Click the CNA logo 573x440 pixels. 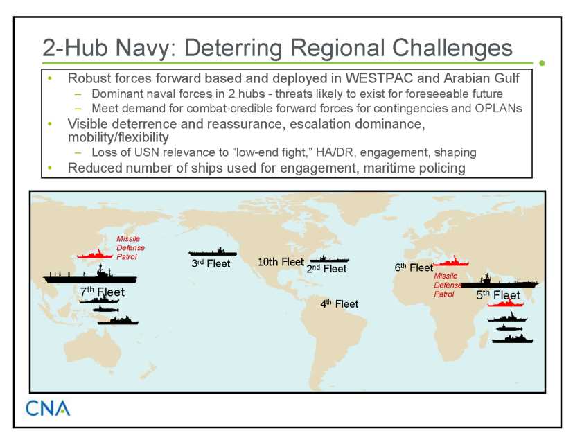[x=48, y=408]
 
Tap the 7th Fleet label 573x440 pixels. [x=103, y=292]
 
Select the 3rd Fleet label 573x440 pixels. [x=211, y=263]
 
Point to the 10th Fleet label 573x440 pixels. [x=281, y=262]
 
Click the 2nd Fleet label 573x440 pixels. [x=326, y=269]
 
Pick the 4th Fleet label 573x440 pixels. [x=339, y=304]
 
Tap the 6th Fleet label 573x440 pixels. [x=414, y=268]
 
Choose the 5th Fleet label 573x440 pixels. [x=498, y=295]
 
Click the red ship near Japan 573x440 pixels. [x=95, y=254]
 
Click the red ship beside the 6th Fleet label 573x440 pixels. [x=451, y=261]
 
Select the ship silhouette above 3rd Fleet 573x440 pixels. [x=213, y=252]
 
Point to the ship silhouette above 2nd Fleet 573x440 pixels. [x=329, y=259]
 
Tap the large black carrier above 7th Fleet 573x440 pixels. [x=90, y=276]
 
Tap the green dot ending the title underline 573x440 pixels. [x=543, y=63]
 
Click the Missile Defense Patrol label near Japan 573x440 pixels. [x=130, y=247]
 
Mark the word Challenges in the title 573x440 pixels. [x=452, y=49]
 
